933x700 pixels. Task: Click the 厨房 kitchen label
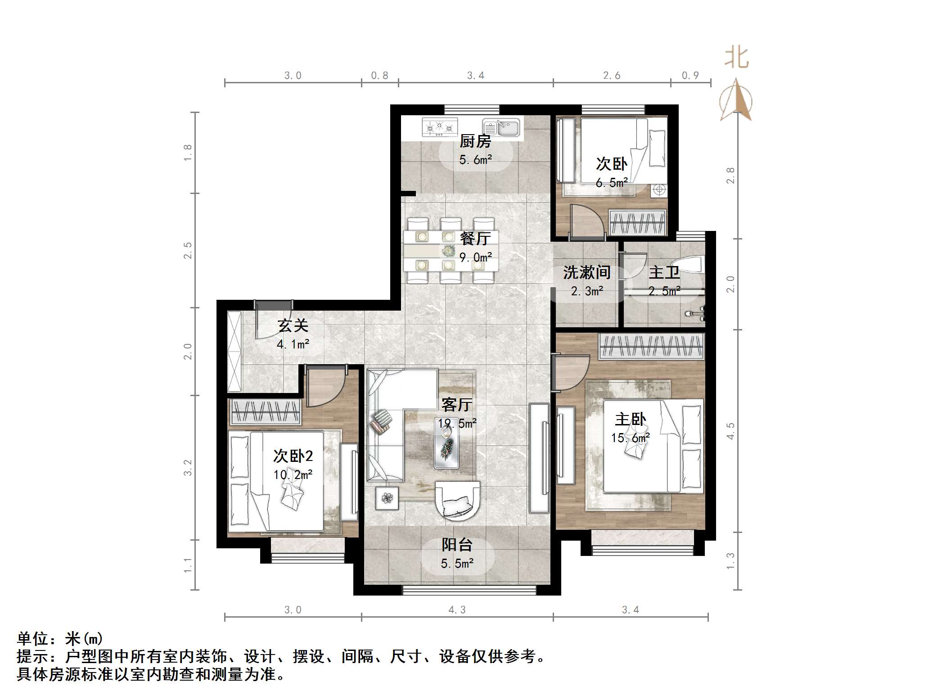[475, 141]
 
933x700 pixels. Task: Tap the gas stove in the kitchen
[439, 127]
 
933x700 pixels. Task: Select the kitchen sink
[501, 127]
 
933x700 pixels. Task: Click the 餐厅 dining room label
[475, 238]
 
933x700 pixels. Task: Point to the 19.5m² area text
[457, 424]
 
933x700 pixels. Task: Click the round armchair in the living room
[458, 500]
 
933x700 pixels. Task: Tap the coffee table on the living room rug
[446, 446]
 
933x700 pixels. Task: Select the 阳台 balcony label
[457, 545]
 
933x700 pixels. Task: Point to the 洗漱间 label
[587, 272]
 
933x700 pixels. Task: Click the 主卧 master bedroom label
[630, 419]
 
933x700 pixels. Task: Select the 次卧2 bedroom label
[293, 456]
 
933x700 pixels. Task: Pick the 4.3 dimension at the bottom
[457, 610]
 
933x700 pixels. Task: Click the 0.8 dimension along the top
[379, 76]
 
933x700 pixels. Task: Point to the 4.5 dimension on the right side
[730, 431]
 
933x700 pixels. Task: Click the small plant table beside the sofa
[387, 498]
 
